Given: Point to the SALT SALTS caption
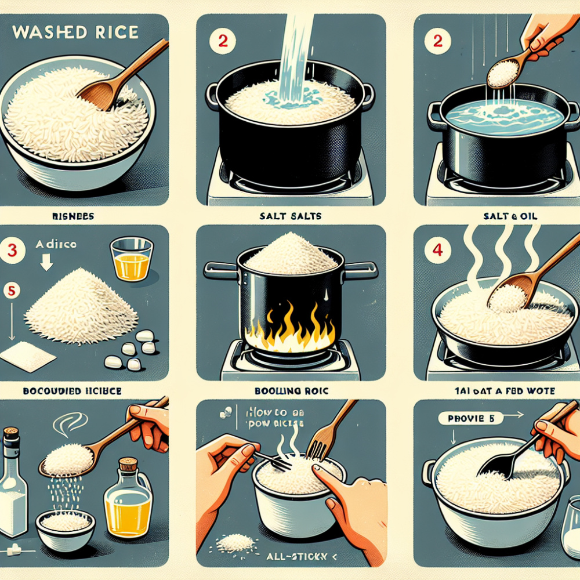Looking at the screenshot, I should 288,216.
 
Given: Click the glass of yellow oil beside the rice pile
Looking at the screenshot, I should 131,259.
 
